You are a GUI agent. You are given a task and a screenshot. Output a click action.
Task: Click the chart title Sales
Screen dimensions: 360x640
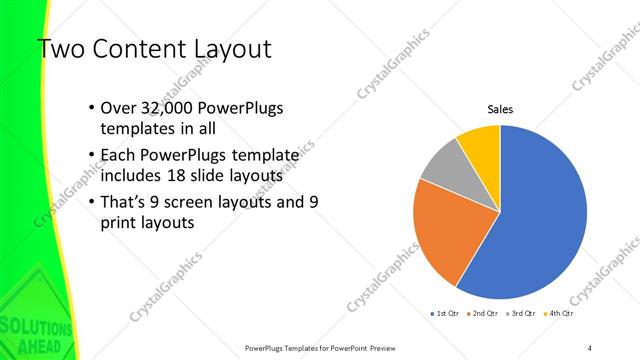tap(500, 109)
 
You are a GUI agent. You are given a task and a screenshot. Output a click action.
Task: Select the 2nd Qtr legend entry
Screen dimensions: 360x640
tap(482, 313)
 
